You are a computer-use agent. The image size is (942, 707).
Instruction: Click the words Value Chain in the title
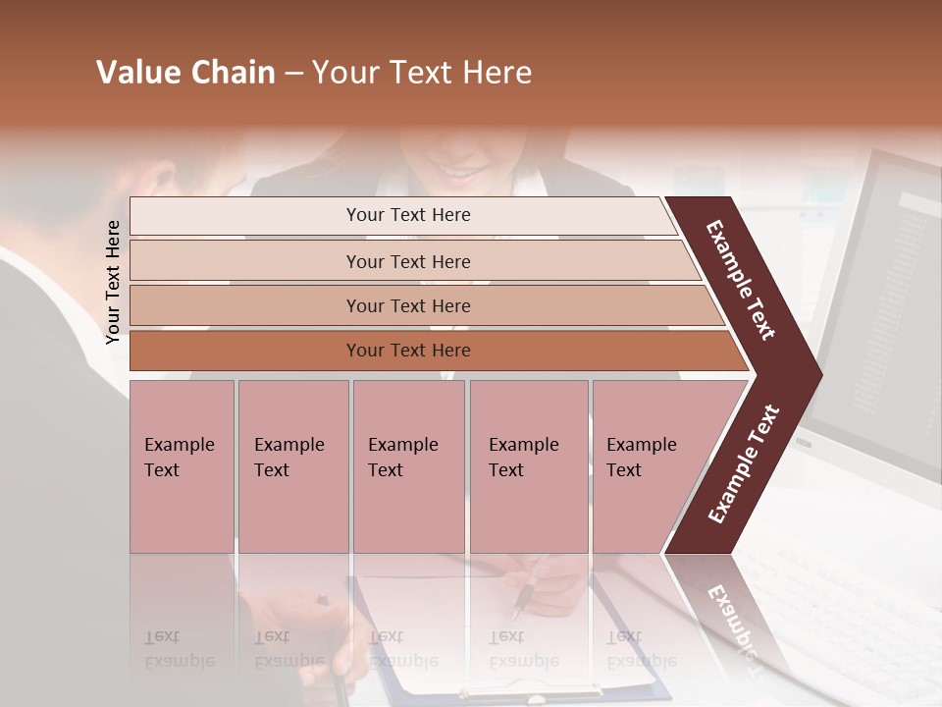pyautogui.click(x=185, y=73)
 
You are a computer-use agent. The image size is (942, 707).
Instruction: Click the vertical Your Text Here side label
pyautogui.click(x=113, y=282)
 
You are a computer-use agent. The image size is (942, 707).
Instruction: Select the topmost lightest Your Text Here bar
pyautogui.click(x=408, y=215)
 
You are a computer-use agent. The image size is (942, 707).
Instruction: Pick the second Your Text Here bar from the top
pyautogui.click(x=408, y=261)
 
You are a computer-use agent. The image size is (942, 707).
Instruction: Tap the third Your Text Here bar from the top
pyautogui.click(x=408, y=305)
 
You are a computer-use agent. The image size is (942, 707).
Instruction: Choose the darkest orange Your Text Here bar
pyautogui.click(x=408, y=351)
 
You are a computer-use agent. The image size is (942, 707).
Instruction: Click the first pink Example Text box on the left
pyautogui.click(x=182, y=465)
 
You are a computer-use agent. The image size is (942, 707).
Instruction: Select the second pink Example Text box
pyautogui.click(x=293, y=465)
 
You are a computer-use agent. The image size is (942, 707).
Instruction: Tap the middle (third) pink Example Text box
pyautogui.click(x=408, y=465)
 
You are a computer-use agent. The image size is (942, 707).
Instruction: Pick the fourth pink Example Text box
pyautogui.click(x=529, y=465)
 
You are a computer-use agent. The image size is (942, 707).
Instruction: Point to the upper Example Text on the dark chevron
pyautogui.click(x=741, y=280)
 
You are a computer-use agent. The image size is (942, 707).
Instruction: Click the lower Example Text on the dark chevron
pyautogui.click(x=743, y=463)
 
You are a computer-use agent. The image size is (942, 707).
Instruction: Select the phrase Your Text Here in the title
pyautogui.click(x=422, y=73)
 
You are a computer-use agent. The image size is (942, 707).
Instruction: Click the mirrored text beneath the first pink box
pyautogui.click(x=179, y=650)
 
